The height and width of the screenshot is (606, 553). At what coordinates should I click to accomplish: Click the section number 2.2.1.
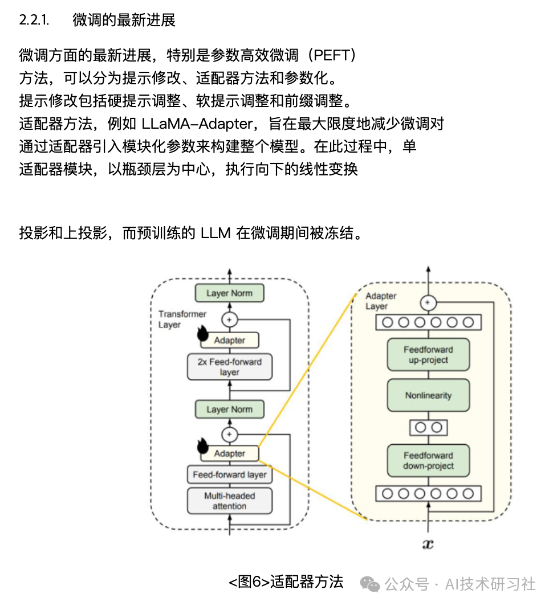point(34,21)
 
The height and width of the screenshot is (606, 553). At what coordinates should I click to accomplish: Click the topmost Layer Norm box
point(229,293)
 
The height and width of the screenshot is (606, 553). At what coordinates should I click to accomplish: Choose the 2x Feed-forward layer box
point(229,367)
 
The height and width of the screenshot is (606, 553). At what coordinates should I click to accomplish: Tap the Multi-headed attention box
point(229,501)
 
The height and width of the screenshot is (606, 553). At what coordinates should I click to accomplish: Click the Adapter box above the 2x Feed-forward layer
point(229,341)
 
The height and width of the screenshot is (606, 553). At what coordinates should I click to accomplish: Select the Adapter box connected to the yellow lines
point(229,454)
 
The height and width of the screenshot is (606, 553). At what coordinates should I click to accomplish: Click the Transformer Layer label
point(182,320)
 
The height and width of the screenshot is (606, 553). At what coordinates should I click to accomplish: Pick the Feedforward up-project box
point(428,355)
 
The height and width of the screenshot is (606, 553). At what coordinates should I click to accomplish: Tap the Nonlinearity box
point(428,395)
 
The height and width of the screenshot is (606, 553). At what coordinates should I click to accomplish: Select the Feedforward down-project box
point(428,461)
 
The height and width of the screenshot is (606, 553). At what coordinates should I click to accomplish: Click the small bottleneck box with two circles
point(428,427)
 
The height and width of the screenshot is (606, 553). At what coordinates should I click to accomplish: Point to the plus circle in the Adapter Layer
point(428,303)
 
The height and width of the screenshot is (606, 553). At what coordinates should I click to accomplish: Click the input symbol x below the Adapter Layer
point(428,544)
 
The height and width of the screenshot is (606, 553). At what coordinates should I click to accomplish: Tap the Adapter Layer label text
point(380,301)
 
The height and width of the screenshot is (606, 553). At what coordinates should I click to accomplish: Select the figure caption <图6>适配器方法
point(286,582)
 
